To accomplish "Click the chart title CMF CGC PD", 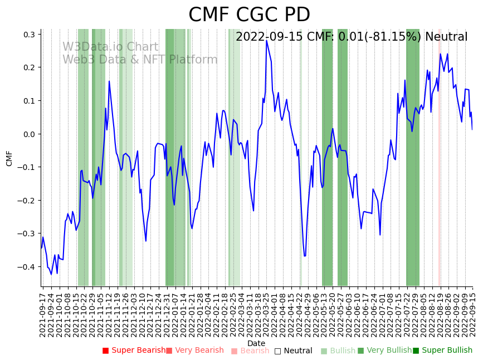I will tap(249, 15).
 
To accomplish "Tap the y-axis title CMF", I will tap(9, 158).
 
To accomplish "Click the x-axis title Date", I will tap(256, 343).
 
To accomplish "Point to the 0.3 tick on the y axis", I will tap(30, 35).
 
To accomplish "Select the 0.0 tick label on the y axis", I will tap(30, 134).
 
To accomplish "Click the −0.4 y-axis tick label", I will tap(27, 267).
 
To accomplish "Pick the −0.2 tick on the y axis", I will tap(27, 201).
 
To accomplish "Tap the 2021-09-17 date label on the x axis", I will tap(43, 313).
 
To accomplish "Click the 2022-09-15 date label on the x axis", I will tap(473, 313).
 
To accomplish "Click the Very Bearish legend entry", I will tap(194, 351).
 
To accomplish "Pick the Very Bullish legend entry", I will tap(384, 351).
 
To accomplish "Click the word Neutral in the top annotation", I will tap(446, 37).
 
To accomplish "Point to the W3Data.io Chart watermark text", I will tap(110, 47).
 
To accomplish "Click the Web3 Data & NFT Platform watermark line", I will tap(140, 60).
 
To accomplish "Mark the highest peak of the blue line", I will tap(266, 40).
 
